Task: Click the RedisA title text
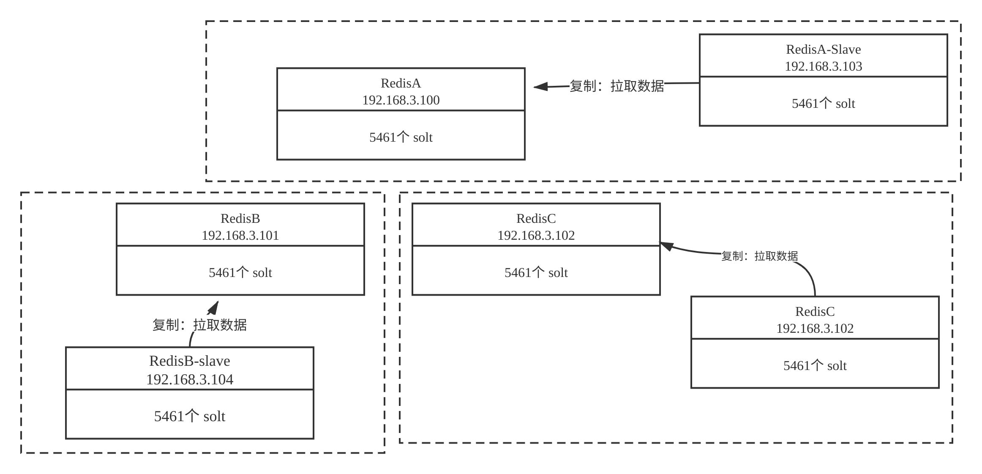(x=401, y=83)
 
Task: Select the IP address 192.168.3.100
(x=401, y=100)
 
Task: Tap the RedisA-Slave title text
(x=823, y=49)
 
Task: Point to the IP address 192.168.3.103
(x=823, y=66)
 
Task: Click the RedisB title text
(x=240, y=219)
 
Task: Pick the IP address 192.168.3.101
(x=240, y=236)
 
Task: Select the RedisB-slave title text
(x=189, y=361)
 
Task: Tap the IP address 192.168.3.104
(x=189, y=379)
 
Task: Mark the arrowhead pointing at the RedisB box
(x=213, y=308)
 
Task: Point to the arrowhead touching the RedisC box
(x=666, y=246)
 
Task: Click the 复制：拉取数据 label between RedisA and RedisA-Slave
(x=616, y=86)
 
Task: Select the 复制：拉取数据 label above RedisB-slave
(x=199, y=325)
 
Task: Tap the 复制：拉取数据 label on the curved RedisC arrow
(x=759, y=256)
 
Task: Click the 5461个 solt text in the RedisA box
(x=401, y=137)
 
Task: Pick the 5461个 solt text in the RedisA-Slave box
(x=823, y=104)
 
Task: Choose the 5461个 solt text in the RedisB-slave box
(x=189, y=416)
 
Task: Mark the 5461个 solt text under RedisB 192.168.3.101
(x=240, y=273)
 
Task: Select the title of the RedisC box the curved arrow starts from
(x=815, y=312)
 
